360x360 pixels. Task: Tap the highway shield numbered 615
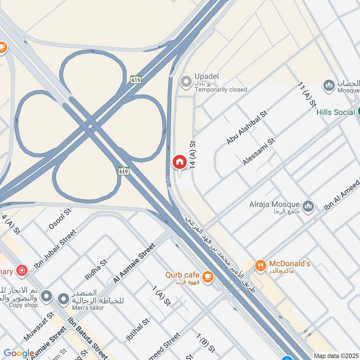tap(136, 80)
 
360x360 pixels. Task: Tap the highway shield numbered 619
tap(124, 171)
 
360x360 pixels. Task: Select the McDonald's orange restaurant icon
tap(260, 266)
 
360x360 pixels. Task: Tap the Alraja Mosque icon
tap(308, 207)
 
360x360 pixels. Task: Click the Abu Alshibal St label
tap(247, 127)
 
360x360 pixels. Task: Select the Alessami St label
tap(259, 152)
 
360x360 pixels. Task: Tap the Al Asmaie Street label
tap(134, 263)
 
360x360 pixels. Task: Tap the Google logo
tap(19, 354)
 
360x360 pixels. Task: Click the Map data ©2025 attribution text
tap(336, 355)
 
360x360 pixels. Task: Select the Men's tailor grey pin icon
tap(64, 298)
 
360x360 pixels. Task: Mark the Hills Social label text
tap(336, 112)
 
